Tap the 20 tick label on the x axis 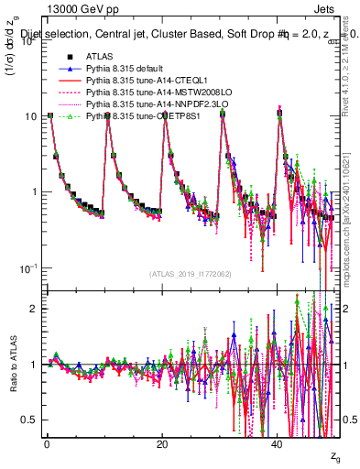[162, 444]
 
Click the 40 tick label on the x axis [278, 444]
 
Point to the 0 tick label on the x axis [47, 444]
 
